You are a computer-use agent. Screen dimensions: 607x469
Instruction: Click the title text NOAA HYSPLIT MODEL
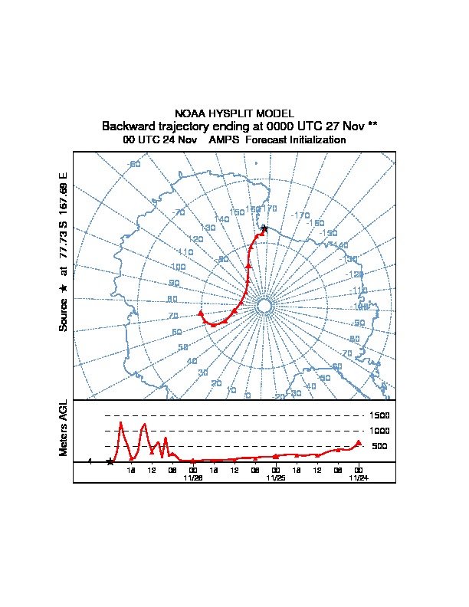(234, 113)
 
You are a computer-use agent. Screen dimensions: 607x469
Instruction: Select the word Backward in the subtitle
(131, 126)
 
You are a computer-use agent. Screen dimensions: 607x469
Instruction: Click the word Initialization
(312, 140)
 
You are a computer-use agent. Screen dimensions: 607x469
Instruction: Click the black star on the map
(264, 228)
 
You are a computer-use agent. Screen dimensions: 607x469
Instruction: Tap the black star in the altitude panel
(110, 461)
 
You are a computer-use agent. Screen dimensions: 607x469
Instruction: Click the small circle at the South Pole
(264, 306)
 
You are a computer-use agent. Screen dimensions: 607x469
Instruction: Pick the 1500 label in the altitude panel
(381, 415)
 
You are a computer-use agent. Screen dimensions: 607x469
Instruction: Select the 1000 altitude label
(381, 431)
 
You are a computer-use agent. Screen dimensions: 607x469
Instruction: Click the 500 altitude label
(379, 446)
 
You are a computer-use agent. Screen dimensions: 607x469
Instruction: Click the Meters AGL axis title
(64, 428)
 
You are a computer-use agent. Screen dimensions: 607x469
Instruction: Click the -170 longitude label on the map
(300, 215)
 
